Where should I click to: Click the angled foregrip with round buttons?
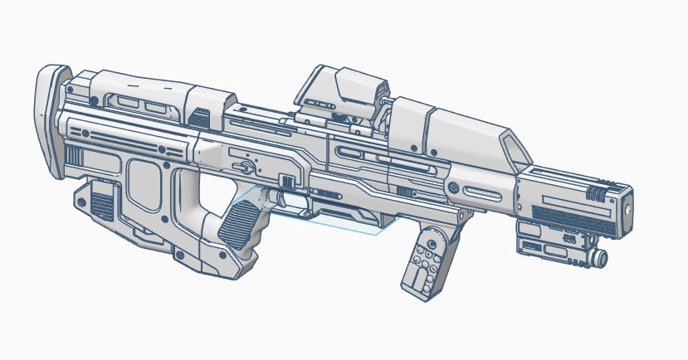coord(429,258)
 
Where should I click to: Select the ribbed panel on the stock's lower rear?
coord(102,204)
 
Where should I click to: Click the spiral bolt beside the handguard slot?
coord(453,191)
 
